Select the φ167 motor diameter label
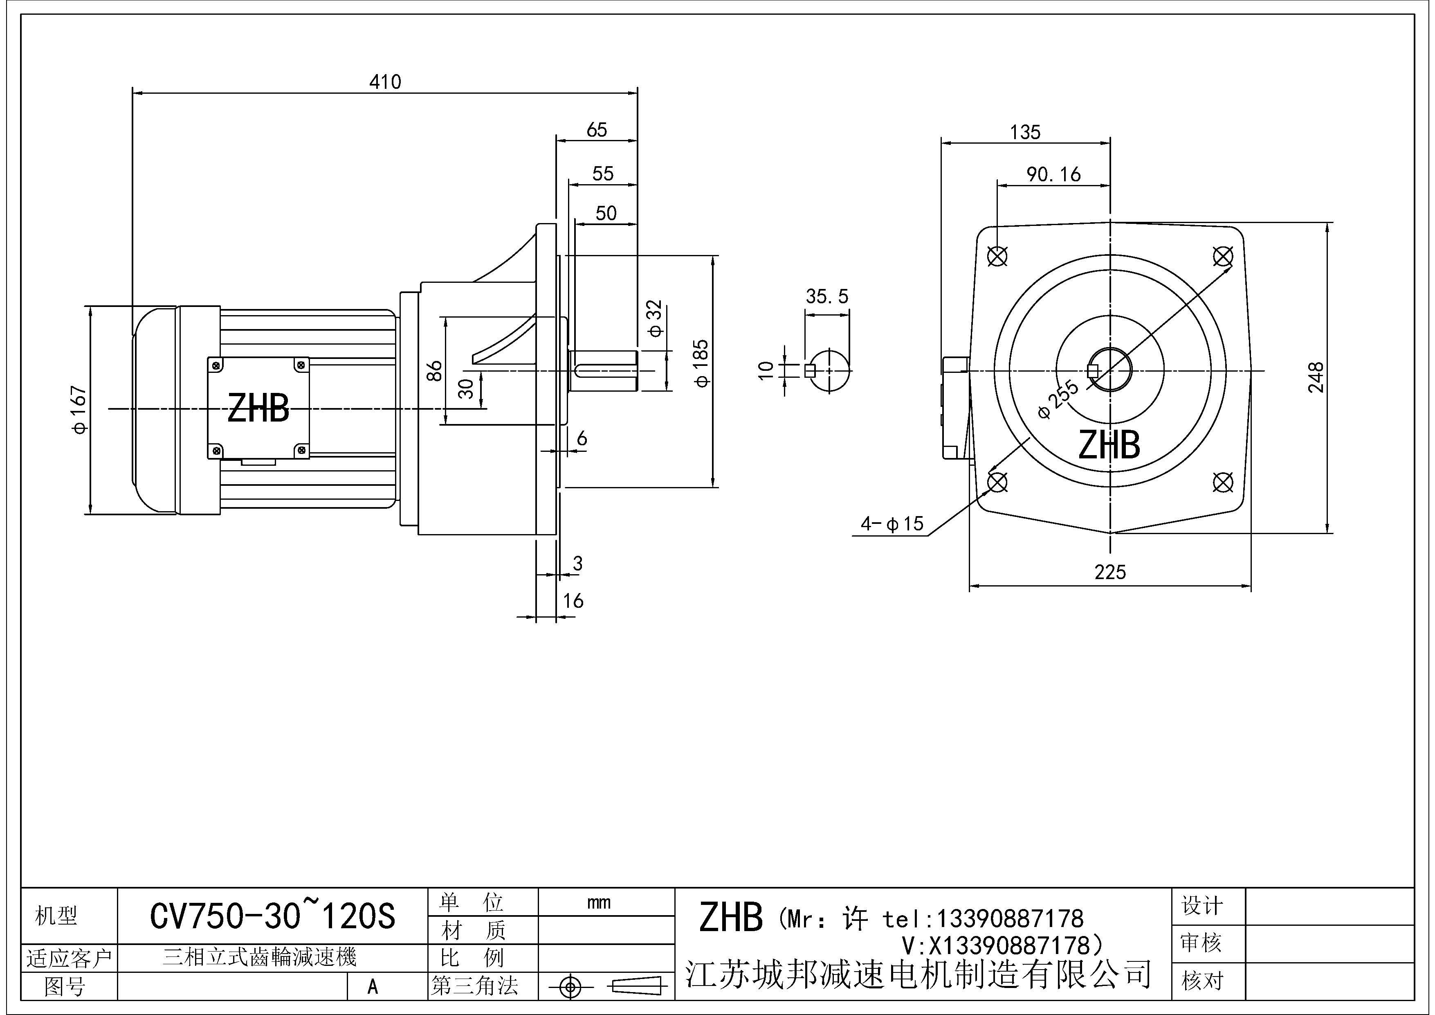pyautogui.click(x=80, y=410)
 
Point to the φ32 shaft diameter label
pyautogui.click(x=654, y=318)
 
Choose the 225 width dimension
pyautogui.click(x=1110, y=572)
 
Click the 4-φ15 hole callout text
pyautogui.click(x=892, y=524)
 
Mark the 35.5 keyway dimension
pyautogui.click(x=827, y=296)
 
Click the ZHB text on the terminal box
pyautogui.click(x=258, y=409)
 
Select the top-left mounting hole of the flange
pyautogui.click(x=997, y=256)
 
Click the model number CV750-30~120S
pyautogui.click(x=272, y=917)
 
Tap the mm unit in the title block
pyautogui.click(x=599, y=902)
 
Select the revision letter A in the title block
pyautogui.click(x=373, y=987)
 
